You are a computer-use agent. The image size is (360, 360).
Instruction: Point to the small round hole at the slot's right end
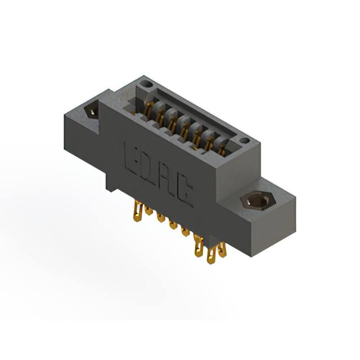(x=244, y=141)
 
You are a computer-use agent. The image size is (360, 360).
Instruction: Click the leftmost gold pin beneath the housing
(x=136, y=214)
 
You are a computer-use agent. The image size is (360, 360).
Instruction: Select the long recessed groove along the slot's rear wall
(x=191, y=110)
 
